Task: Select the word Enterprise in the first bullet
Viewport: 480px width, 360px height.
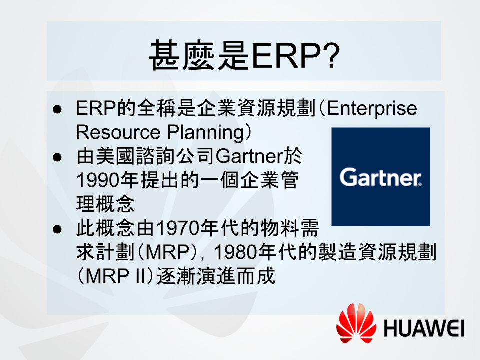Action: coord(372,108)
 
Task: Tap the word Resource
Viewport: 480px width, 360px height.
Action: coord(118,132)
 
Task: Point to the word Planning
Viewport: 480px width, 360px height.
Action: coord(205,133)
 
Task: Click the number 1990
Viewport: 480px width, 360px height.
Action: coord(98,180)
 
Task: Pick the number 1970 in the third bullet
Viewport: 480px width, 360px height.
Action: coord(178,228)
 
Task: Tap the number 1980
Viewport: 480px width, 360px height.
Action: coord(235,252)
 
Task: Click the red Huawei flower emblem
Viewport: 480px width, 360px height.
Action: coord(356,323)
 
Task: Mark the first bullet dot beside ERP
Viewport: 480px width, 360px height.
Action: coord(57,109)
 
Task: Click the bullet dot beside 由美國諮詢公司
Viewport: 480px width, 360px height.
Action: coord(57,157)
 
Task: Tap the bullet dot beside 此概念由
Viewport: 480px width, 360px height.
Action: coord(57,229)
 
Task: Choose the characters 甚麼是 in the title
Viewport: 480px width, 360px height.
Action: coord(199,55)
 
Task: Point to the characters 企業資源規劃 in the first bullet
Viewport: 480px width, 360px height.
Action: coord(256,108)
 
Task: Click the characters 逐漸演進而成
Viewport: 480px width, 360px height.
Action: coord(216,276)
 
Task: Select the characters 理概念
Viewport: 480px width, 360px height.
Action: coord(105,204)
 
